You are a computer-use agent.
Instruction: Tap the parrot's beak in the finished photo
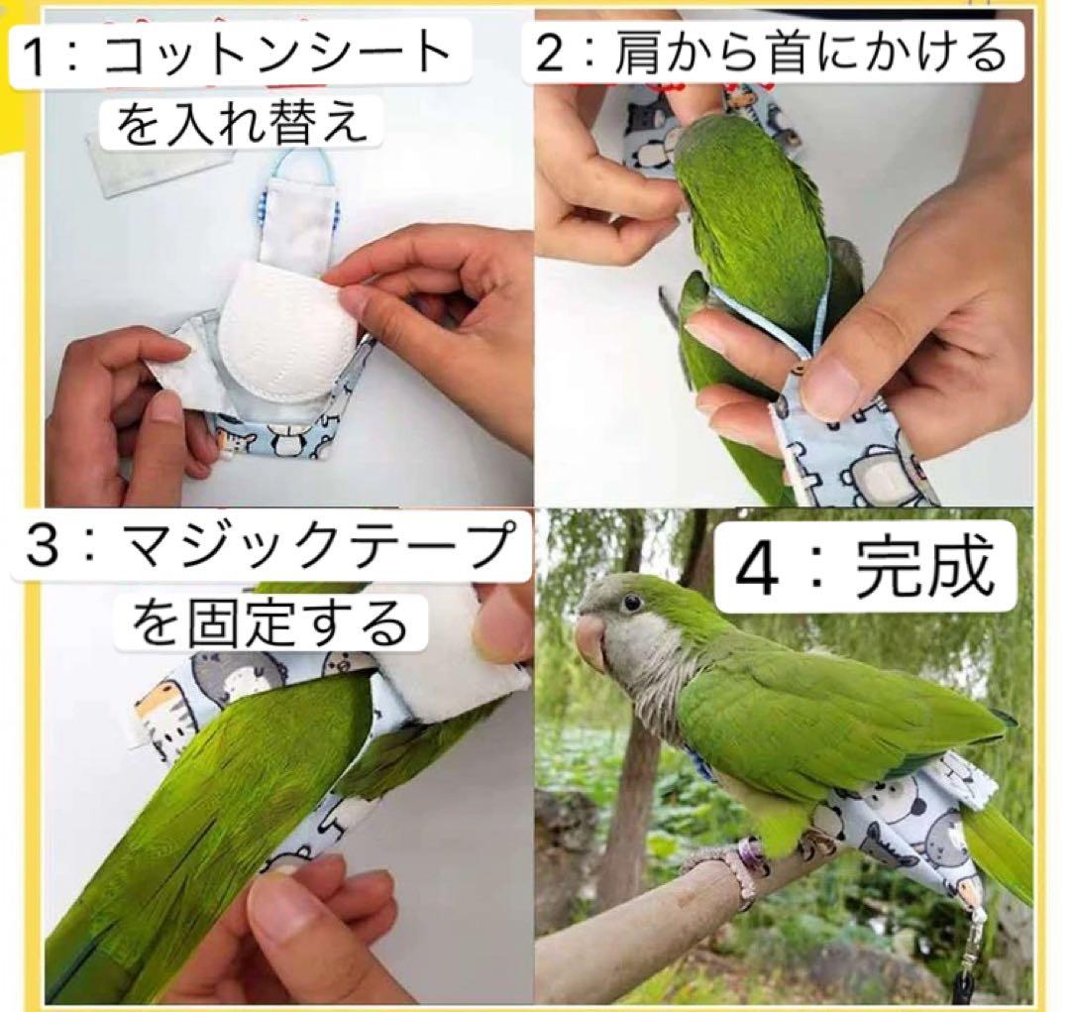tap(591, 641)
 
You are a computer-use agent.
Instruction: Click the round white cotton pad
tap(284, 331)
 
